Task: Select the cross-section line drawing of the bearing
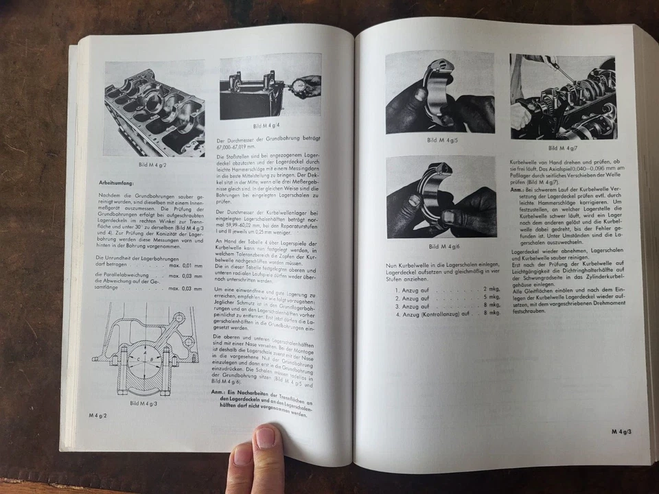pos(144,350)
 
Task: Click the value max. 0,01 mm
pos(183,265)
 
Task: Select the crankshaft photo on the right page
pos(562,96)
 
